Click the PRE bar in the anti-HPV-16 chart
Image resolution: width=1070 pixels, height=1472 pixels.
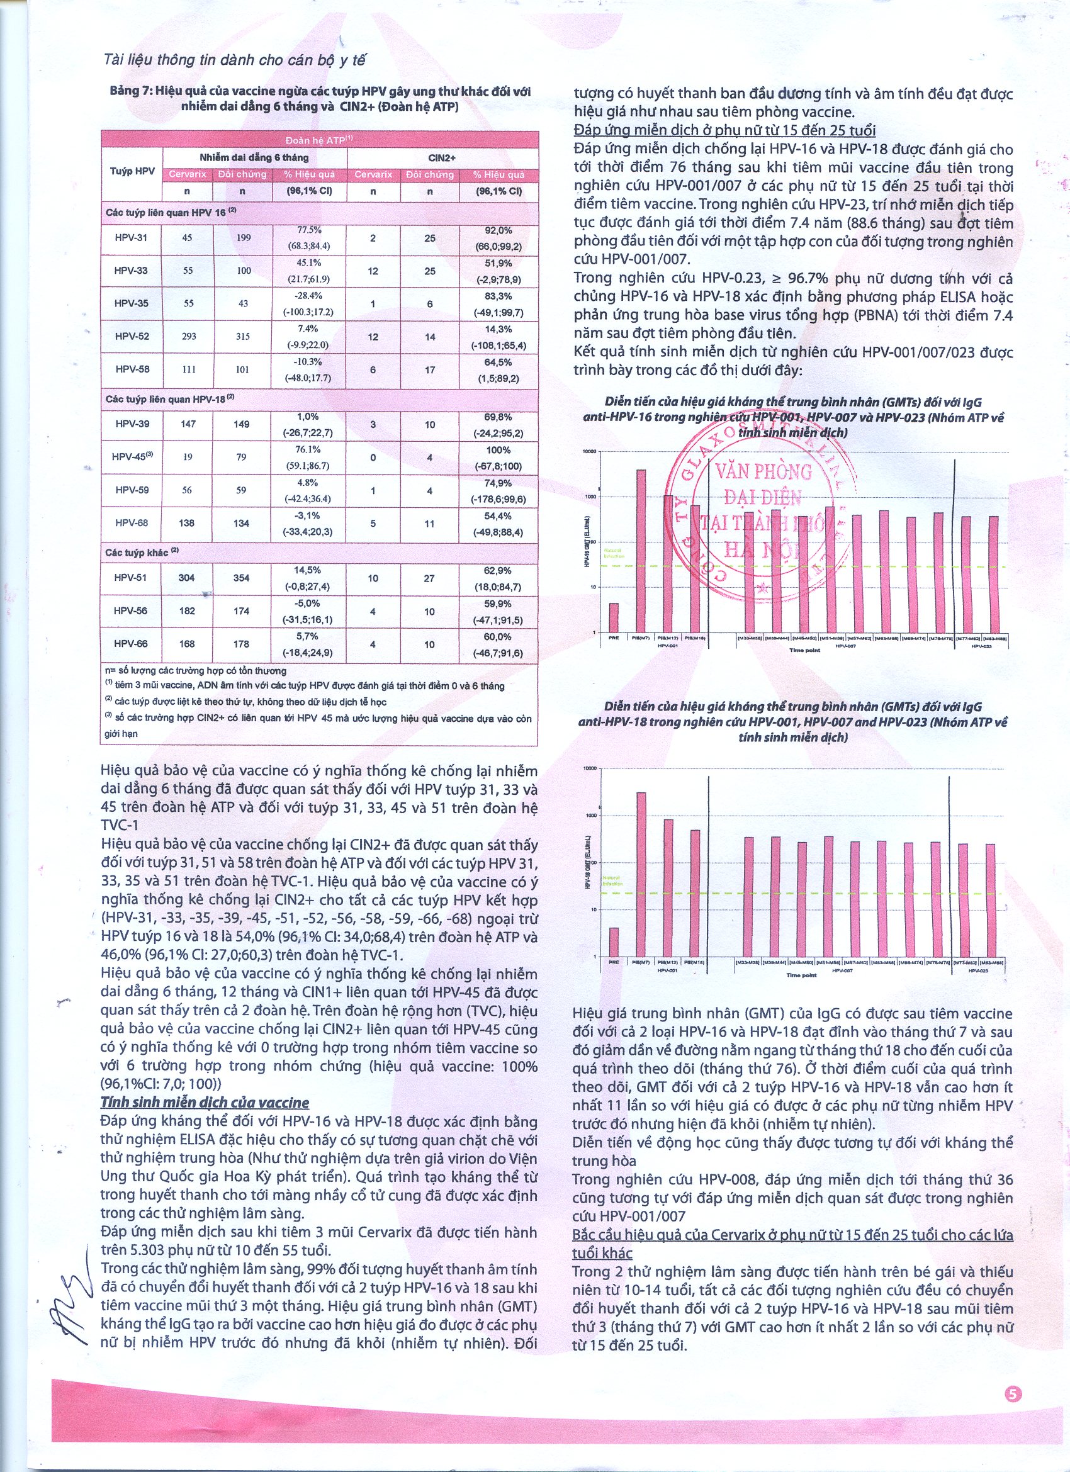point(614,617)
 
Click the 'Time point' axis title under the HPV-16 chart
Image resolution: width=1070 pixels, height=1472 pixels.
point(804,649)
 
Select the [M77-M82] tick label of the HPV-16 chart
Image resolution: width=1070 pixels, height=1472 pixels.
point(966,639)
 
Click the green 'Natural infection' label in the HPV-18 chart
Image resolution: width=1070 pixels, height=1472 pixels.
point(613,880)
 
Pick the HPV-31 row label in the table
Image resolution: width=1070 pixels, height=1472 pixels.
point(131,237)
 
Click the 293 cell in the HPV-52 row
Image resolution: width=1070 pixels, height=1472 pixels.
point(188,336)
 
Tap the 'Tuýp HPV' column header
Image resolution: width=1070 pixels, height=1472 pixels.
point(132,171)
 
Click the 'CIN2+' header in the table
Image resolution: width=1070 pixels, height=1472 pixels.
point(442,158)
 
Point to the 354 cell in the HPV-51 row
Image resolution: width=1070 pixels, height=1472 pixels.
point(242,578)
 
